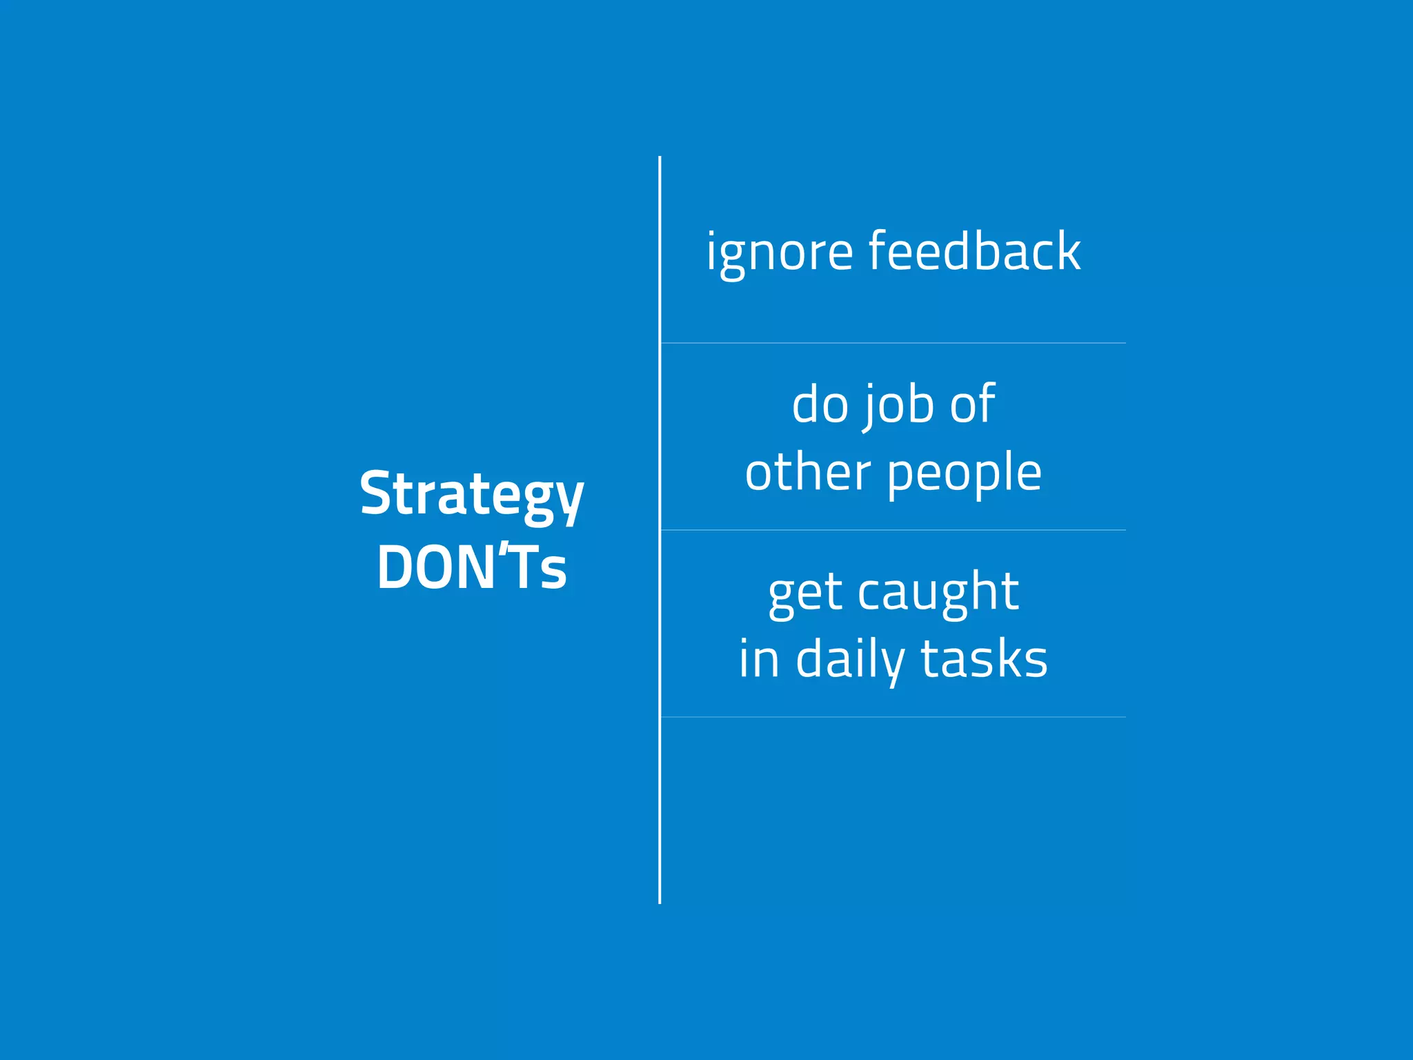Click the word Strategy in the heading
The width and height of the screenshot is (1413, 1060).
(472, 494)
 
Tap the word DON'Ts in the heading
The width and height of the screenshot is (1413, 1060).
(472, 567)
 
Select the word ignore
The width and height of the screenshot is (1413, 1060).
(779, 253)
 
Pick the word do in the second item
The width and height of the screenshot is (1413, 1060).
(820, 404)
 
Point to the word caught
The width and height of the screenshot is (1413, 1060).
(938, 592)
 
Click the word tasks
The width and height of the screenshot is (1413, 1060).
(985, 659)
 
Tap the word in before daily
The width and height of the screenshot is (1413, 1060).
(759, 659)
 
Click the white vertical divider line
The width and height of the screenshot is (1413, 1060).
(660, 794)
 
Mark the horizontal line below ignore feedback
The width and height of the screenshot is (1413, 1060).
(893, 343)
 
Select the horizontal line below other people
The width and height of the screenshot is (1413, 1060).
(893, 530)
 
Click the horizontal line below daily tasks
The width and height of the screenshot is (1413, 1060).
(893, 717)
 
